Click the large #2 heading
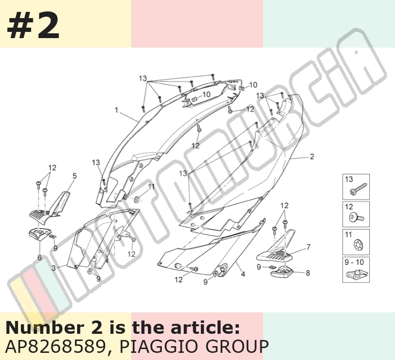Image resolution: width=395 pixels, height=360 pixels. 33,26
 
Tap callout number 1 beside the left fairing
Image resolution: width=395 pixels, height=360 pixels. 117,110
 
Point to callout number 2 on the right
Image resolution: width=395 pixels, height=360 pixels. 312,157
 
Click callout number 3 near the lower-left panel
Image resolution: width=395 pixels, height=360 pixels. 54,268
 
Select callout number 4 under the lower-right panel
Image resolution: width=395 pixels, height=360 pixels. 243,274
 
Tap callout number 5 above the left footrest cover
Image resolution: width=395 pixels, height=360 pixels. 74,176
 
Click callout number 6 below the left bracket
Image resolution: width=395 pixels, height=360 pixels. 39,258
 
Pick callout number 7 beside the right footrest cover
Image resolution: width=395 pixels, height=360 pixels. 308,247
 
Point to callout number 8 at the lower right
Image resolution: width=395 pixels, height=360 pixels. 307,273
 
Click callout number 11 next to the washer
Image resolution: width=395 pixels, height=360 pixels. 151,187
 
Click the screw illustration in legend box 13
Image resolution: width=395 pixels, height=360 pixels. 358,190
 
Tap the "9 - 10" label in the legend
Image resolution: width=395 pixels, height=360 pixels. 354,262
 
